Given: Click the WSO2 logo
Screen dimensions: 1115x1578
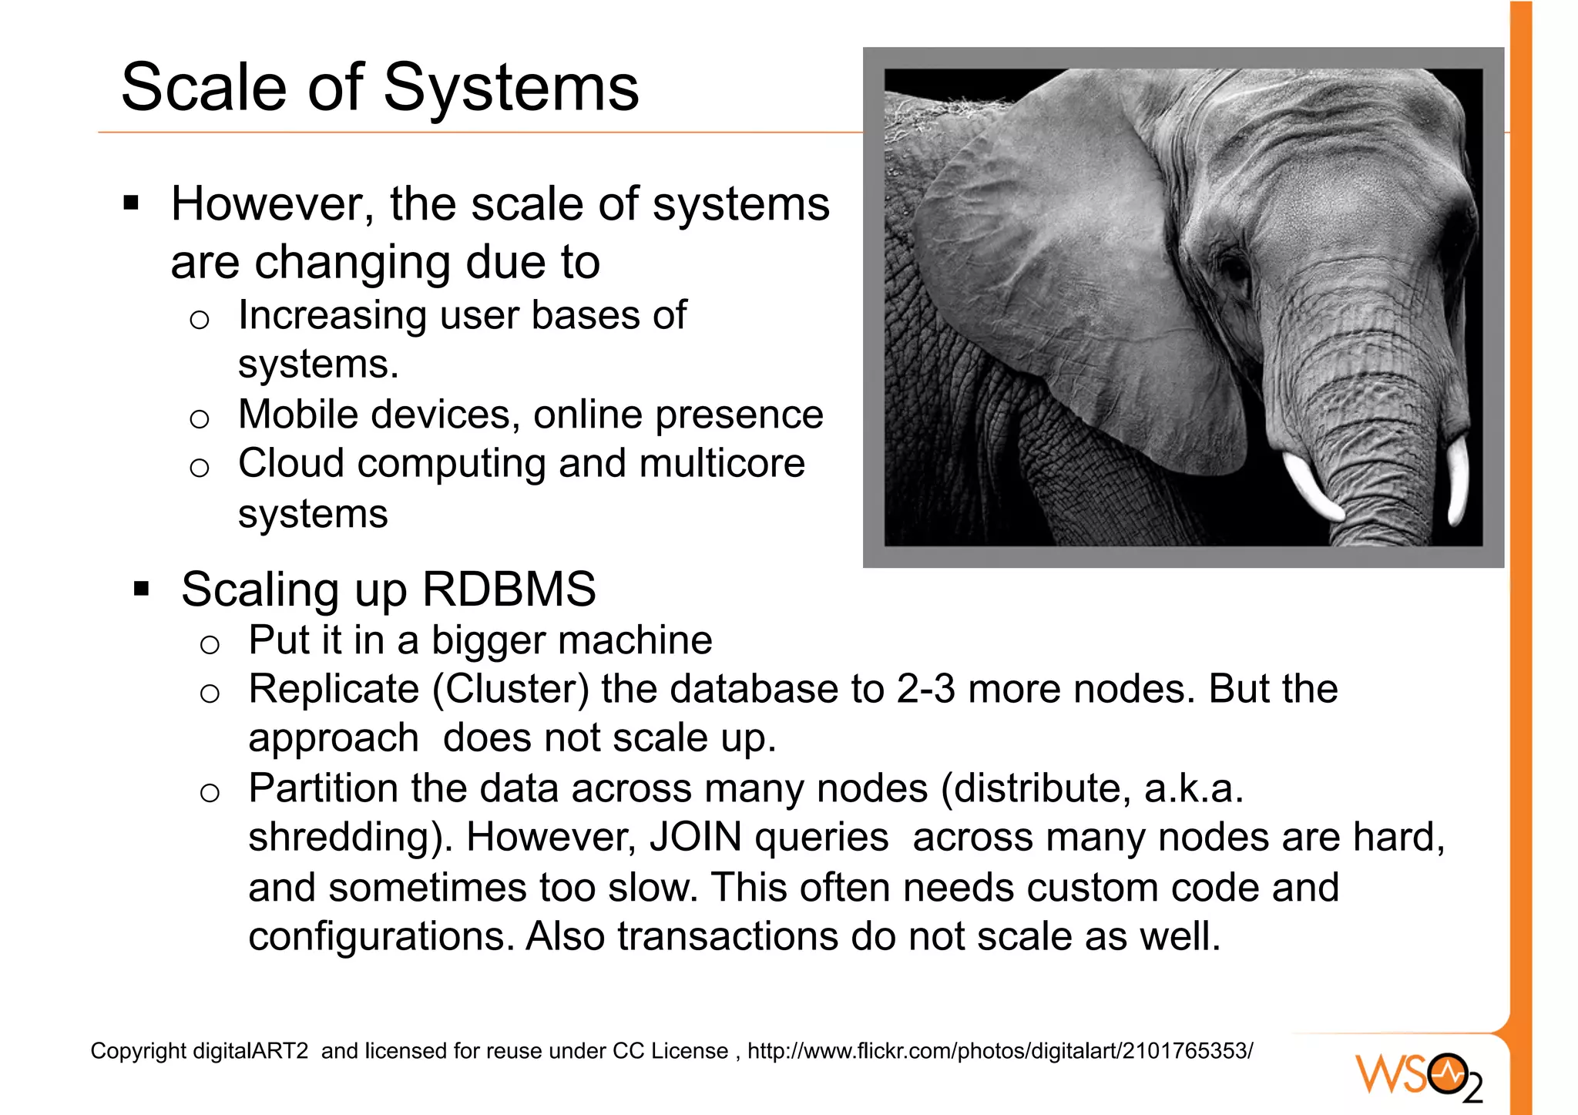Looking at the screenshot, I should coord(1419,1076).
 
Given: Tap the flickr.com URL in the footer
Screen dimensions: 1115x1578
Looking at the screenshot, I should coord(999,1051).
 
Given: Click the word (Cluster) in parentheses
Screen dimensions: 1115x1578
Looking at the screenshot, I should coord(510,689).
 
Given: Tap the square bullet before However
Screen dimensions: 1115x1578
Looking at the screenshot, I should coord(131,203).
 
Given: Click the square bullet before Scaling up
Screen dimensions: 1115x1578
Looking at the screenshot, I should coord(141,589).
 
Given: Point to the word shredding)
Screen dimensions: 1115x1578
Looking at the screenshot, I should coord(351,838).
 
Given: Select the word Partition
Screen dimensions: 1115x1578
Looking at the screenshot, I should coord(323,788).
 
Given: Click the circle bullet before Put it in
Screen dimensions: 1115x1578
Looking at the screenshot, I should coord(210,644).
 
